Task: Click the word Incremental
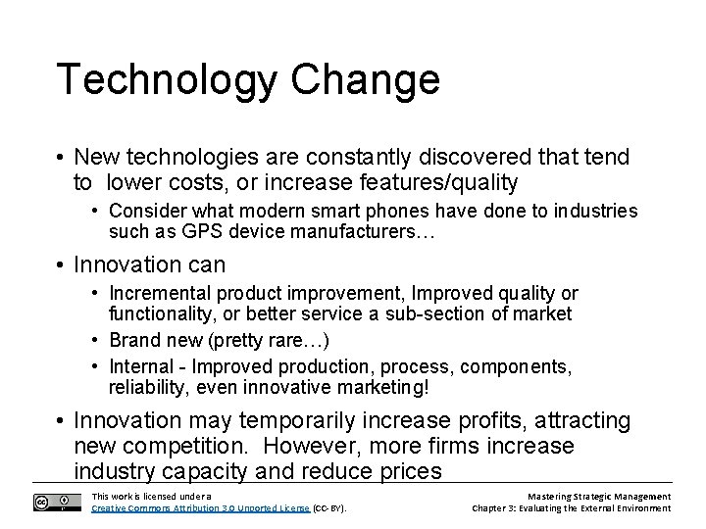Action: [x=159, y=294]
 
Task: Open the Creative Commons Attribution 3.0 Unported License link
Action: [x=214, y=508]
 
